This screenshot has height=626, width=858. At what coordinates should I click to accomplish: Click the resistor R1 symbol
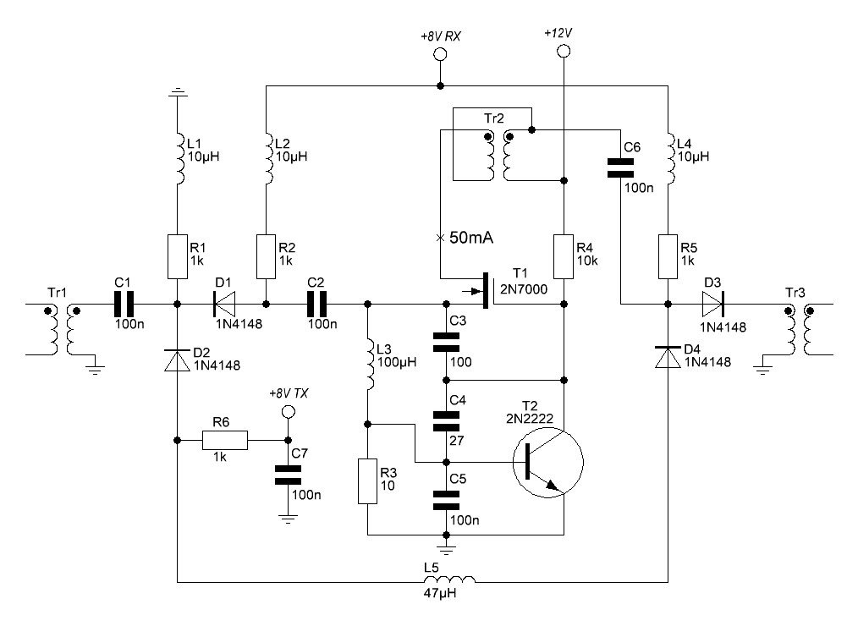point(177,257)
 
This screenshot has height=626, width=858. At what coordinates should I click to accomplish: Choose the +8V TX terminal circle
point(288,412)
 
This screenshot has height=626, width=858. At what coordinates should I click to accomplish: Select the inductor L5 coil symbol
point(448,581)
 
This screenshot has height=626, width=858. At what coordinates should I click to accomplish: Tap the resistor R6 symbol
point(225,440)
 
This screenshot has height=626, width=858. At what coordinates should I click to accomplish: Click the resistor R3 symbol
point(367,480)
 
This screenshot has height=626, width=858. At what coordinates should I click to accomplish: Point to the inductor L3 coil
point(367,364)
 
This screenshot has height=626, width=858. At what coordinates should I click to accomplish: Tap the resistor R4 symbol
point(564,257)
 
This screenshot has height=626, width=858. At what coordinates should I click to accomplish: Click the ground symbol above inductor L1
point(177,93)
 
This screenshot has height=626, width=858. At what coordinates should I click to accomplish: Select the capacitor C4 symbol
point(446,420)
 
